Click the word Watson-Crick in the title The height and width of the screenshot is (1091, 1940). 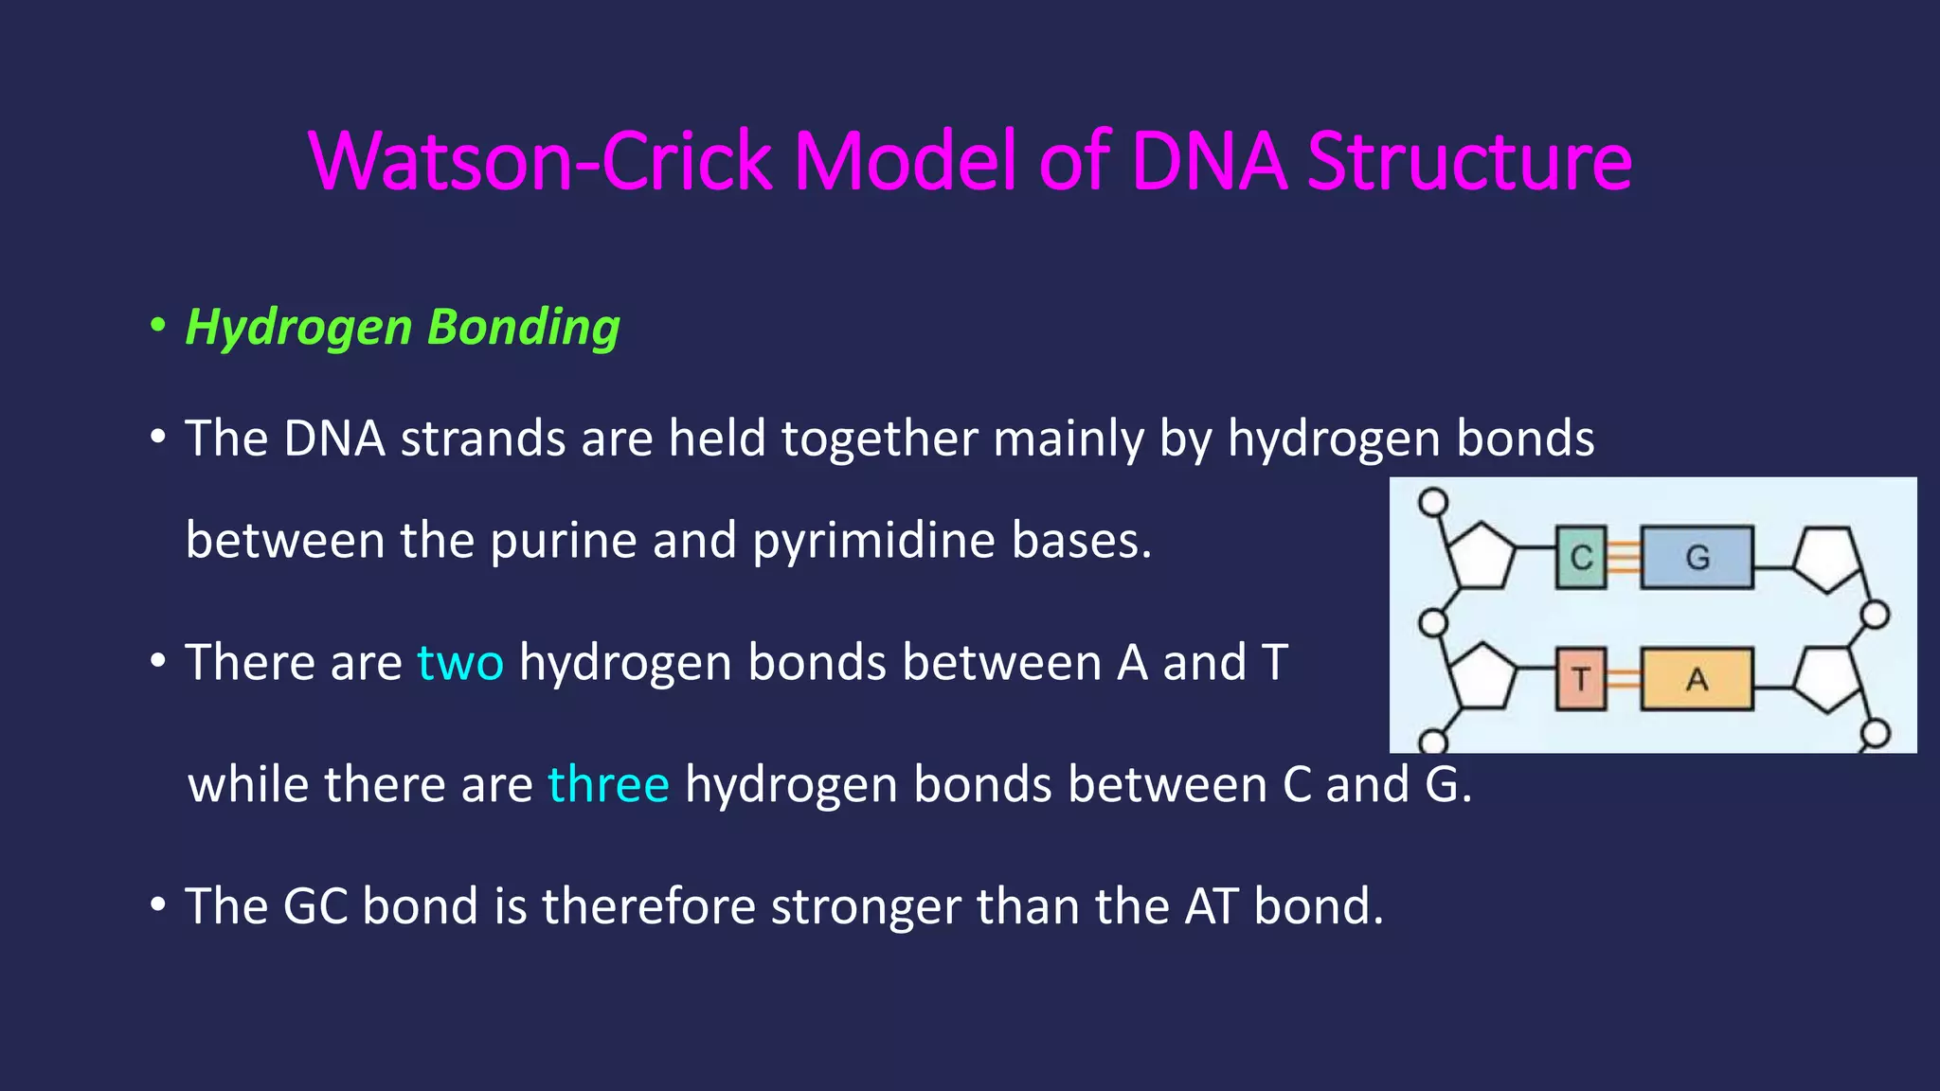(540, 161)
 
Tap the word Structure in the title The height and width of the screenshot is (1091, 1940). (1469, 161)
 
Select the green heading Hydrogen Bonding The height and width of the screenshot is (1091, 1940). (402, 328)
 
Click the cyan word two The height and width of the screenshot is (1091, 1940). (460, 662)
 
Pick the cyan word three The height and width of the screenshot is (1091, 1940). (608, 785)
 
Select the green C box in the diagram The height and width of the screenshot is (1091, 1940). (1581, 558)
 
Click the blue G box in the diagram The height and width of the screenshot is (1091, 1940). (1697, 558)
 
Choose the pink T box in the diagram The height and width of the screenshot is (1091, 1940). (1581, 679)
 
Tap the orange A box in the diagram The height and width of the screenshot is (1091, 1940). (1697, 679)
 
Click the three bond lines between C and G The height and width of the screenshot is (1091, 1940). (1624, 558)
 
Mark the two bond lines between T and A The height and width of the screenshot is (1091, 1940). (1624, 679)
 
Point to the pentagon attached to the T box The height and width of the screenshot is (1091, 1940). (1482, 678)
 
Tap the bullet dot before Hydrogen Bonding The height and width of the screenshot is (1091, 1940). (158, 326)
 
